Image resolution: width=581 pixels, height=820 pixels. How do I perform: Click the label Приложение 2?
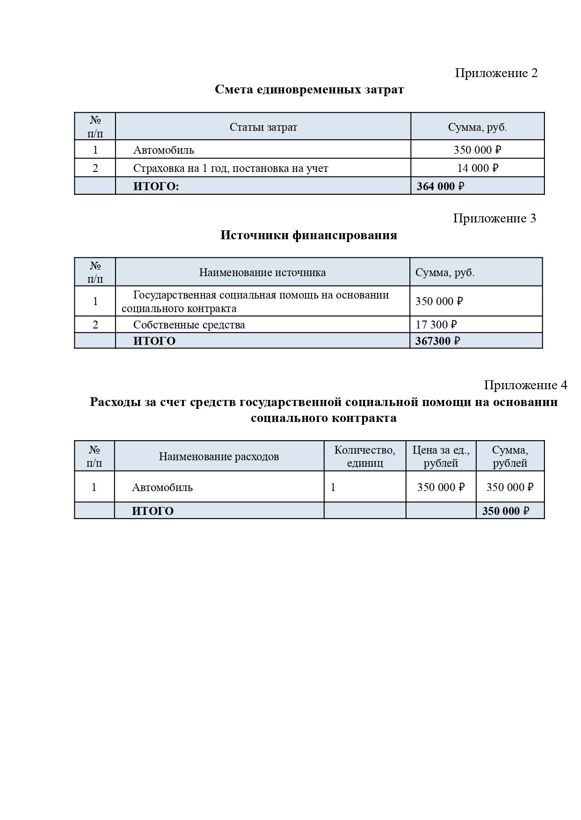point(496,73)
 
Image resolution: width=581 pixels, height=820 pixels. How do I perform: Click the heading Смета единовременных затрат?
point(309,89)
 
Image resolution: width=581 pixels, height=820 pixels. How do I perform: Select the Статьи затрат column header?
point(263,127)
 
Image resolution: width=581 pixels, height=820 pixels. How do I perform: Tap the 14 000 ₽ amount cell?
point(478,168)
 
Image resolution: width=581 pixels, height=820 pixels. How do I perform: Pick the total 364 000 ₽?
point(440,186)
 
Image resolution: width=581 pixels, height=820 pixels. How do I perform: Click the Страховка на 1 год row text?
point(231,168)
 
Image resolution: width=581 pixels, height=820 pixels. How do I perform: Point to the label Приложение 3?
point(494,218)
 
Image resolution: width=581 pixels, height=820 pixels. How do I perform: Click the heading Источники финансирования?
point(309,235)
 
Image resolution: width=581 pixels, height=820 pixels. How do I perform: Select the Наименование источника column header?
point(262,272)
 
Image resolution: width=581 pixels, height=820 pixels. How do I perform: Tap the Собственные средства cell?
point(189,325)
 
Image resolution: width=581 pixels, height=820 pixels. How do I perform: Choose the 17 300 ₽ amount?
point(436,325)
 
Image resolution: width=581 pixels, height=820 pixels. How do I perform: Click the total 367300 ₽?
point(437,341)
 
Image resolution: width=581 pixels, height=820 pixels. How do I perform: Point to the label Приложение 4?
point(525,385)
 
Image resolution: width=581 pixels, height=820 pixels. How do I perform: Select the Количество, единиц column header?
point(365,456)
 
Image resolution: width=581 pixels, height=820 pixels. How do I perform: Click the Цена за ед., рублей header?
point(441,456)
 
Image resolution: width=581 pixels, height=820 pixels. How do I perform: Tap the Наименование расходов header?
point(219,456)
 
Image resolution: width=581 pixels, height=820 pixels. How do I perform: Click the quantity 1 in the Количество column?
point(333,487)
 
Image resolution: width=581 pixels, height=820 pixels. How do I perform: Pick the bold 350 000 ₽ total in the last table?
point(505,511)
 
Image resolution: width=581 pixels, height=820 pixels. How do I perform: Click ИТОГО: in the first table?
point(156,186)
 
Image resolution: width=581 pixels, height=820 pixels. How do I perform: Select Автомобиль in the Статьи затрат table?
point(164,150)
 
